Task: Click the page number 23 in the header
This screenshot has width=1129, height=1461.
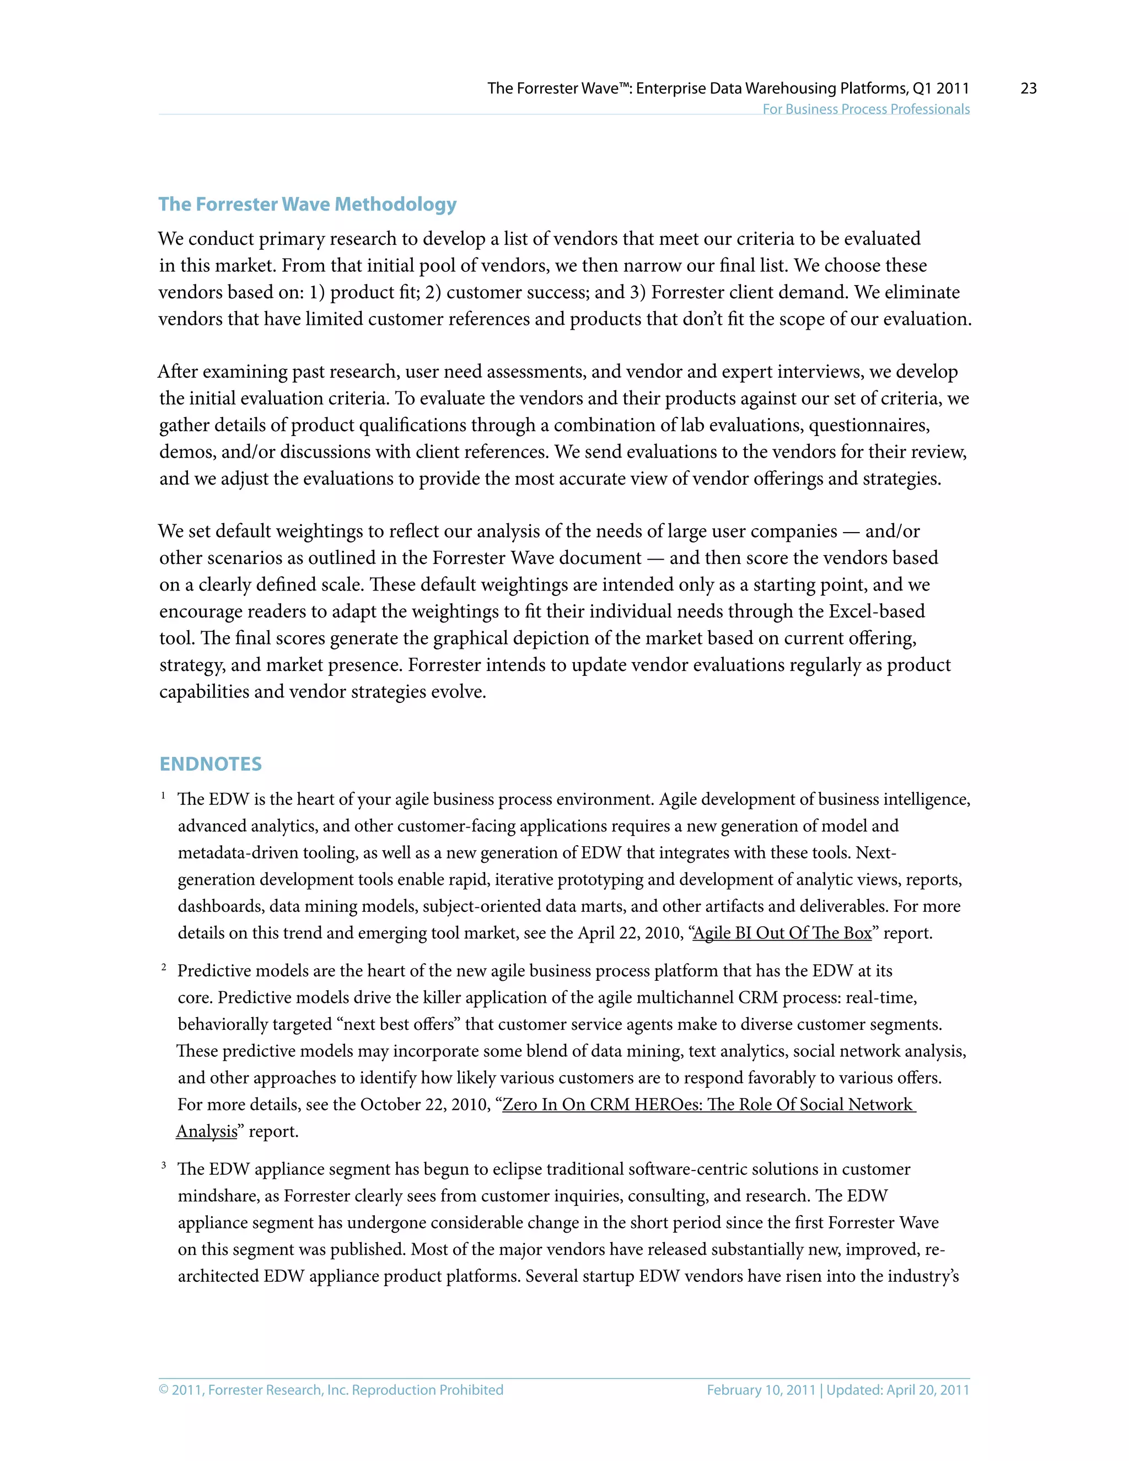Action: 1028,88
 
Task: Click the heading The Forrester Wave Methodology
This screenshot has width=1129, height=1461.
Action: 307,204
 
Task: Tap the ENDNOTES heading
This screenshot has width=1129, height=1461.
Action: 211,764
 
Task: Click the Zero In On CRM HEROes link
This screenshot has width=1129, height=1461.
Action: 708,1104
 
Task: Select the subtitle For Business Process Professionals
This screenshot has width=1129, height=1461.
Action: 865,109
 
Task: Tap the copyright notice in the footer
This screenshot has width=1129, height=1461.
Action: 330,1389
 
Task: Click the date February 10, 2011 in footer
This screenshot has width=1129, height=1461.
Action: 760,1389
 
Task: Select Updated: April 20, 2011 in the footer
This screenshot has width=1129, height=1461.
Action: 897,1389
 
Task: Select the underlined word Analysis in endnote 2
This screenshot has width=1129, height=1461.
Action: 207,1131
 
